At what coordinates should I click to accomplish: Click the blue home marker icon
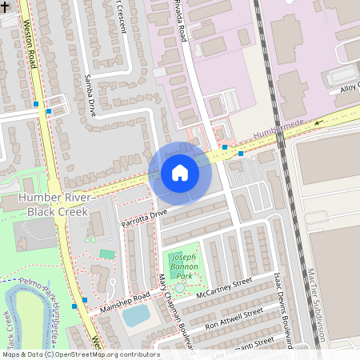[180, 173]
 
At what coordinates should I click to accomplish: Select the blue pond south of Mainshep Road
[136, 315]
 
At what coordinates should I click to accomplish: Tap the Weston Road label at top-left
[32, 44]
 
